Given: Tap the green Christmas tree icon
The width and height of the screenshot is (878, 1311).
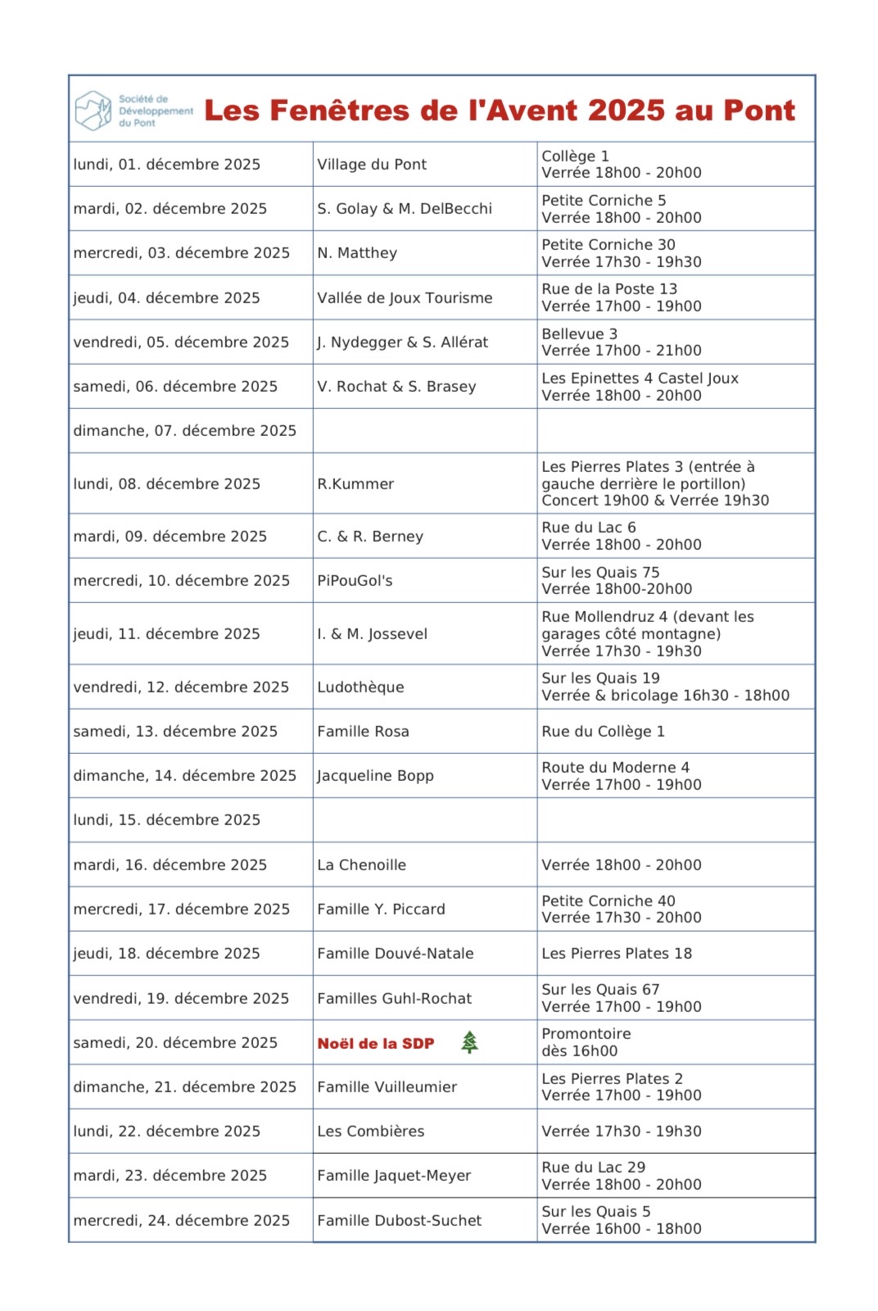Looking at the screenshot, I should pos(469,1042).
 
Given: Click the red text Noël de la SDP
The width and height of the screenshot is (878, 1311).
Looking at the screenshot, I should pos(376,1043).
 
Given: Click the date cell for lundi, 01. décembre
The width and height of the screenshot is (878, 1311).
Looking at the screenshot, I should pos(167,164).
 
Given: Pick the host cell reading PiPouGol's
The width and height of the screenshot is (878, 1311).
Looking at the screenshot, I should pos(355,581).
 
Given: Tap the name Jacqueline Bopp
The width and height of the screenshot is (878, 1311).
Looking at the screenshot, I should pos(375,775).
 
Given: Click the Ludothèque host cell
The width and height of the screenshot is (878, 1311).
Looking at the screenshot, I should pos(360,687).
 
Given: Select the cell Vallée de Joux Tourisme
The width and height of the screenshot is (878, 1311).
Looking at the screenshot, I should pos(405,297).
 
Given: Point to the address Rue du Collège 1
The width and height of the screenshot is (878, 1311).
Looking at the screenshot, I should pos(603,731).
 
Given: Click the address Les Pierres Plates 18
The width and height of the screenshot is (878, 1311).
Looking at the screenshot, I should pos(617,953).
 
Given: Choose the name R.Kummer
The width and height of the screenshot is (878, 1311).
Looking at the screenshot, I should pos(355,483).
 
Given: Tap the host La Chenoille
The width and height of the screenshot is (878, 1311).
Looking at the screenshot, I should pos(361,864).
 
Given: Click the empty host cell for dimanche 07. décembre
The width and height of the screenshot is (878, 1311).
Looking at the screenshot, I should pos(424,430).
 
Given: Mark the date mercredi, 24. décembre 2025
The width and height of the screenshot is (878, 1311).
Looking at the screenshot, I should pos(181,1220).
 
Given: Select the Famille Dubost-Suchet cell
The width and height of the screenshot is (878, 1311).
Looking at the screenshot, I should pos(399,1220).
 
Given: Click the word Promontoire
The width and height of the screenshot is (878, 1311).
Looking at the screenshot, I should pos(586,1033).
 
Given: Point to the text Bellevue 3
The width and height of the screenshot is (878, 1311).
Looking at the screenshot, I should pos(579,333).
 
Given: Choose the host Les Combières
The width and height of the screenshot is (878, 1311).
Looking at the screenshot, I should pos(370,1131).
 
